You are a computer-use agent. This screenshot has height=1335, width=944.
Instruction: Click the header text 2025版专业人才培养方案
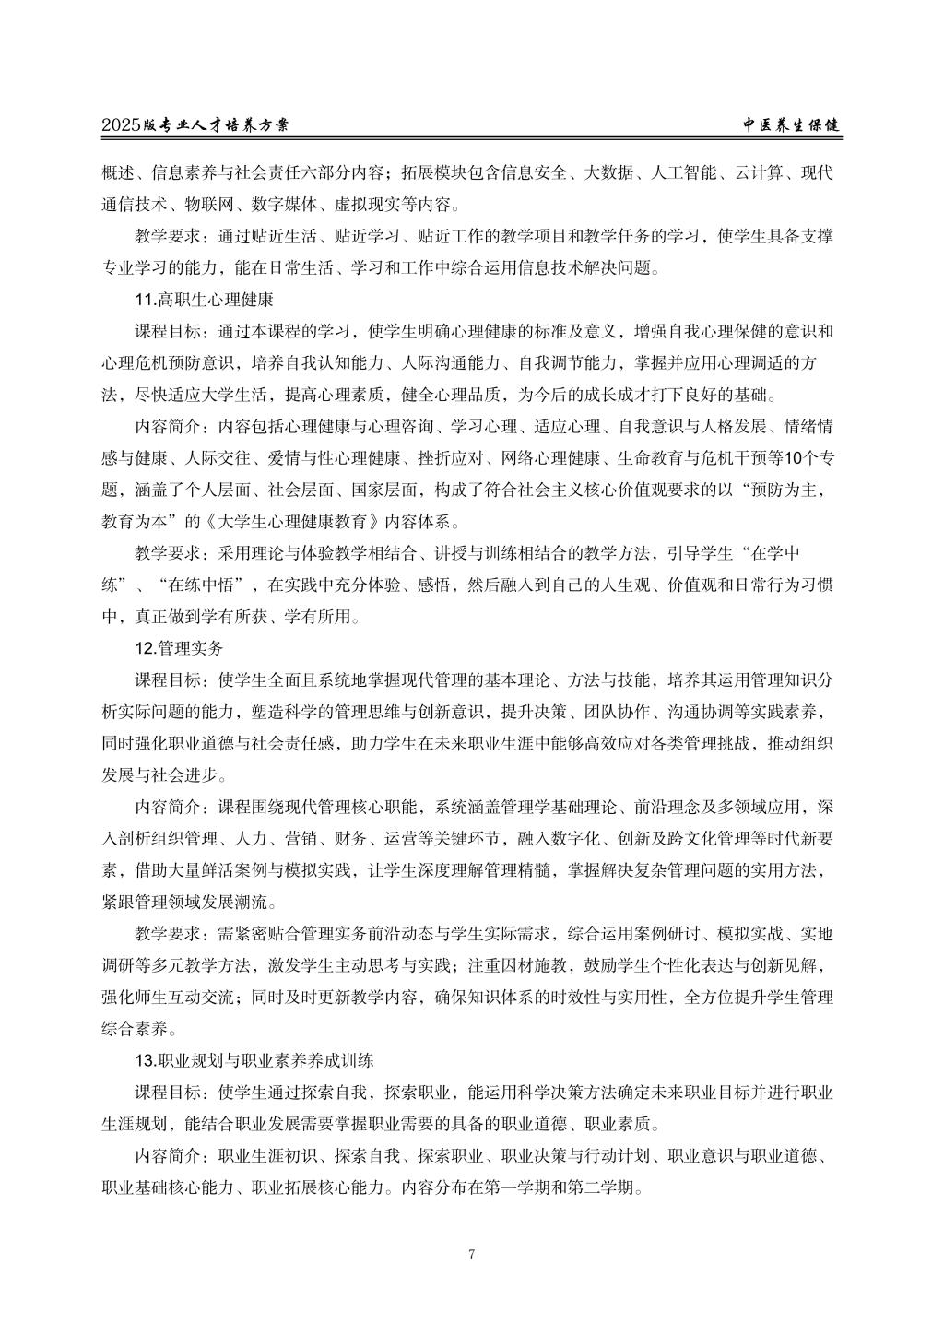click(201, 126)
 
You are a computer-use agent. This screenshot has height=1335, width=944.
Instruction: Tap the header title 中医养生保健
click(792, 126)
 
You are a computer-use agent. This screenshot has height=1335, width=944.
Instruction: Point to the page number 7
click(471, 1254)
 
